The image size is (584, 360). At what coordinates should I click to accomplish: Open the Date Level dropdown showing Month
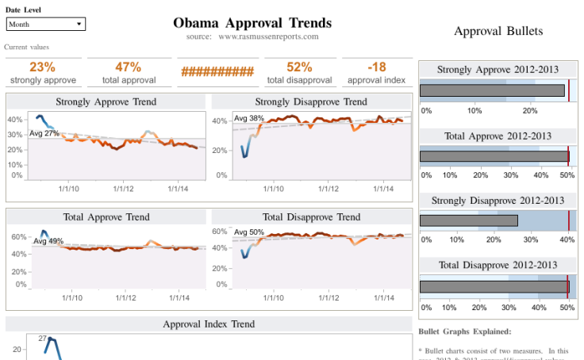click(x=45, y=25)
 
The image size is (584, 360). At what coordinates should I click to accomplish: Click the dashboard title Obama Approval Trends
click(x=252, y=22)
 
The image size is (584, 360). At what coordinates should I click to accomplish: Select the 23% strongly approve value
click(x=43, y=67)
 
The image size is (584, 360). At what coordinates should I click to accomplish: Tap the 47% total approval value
click(x=128, y=67)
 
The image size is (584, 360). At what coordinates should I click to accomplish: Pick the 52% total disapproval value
click(x=298, y=67)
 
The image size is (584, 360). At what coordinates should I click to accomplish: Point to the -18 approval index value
click(x=376, y=67)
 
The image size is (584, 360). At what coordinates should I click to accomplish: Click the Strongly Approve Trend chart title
click(x=106, y=101)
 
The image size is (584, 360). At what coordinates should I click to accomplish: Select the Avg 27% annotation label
click(x=44, y=133)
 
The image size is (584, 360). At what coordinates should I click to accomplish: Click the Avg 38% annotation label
click(x=248, y=118)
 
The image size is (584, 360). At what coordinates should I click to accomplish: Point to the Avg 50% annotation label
click(x=248, y=232)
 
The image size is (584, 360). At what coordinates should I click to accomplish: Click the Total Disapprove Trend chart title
click(x=311, y=216)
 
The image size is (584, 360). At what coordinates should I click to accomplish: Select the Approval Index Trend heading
click(x=209, y=324)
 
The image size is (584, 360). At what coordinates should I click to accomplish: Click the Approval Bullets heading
click(x=498, y=31)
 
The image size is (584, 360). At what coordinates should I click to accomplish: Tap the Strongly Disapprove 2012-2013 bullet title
click(x=498, y=200)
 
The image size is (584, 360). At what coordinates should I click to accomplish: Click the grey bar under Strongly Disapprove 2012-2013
click(x=468, y=220)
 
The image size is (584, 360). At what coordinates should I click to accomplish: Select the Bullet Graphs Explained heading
click(x=464, y=331)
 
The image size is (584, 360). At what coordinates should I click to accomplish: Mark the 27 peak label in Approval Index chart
click(x=43, y=338)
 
